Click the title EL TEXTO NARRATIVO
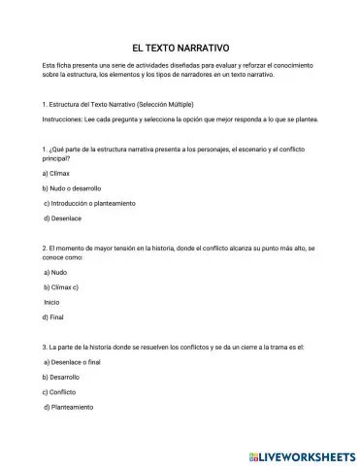point(180,46)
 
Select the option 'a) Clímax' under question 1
point(59,172)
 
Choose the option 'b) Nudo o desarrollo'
point(72,187)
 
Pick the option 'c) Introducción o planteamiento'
point(89,203)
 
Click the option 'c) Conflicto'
point(59,391)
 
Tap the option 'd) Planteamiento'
point(70,407)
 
